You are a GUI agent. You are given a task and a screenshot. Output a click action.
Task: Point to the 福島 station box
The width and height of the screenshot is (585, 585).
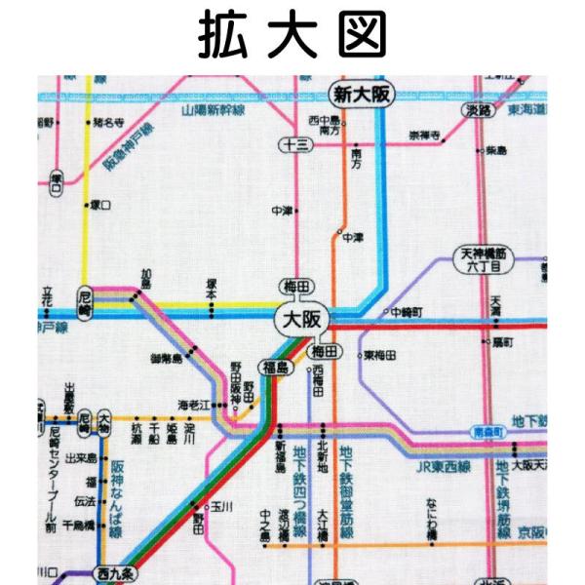point(272,367)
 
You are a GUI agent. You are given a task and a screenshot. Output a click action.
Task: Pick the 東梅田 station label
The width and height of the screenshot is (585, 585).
point(380,356)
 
